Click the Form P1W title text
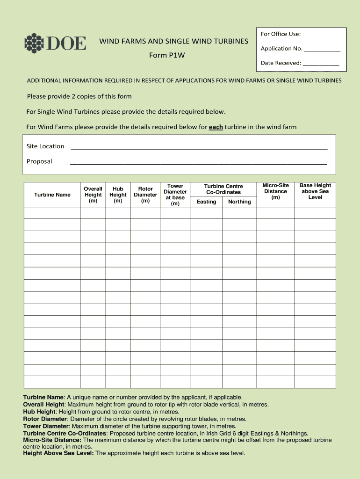tap(167, 55)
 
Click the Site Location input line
tap(199, 147)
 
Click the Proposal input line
tap(198, 162)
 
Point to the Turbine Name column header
tap(52, 195)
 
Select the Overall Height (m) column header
tap(93, 195)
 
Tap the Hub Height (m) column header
tap(118, 195)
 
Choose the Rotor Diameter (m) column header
tap(145, 195)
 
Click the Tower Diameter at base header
tap(175, 195)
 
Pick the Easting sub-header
tap(206, 202)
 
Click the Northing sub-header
tap(239, 202)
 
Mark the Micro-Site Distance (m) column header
tap(275, 191)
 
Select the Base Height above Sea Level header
tap(315, 191)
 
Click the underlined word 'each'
tap(216, 127)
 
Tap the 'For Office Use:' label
tap(281, 34)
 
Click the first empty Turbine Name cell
tap(52, 213)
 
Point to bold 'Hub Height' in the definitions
tap(39, 412)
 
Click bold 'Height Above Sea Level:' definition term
tap(58, 453)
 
